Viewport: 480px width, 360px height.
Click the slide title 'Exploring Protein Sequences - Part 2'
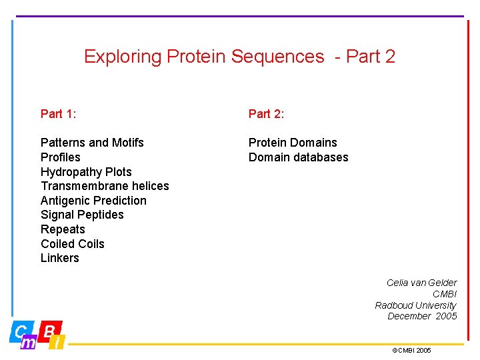pos(239,57)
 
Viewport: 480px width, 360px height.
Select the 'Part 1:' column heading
pos(59,114)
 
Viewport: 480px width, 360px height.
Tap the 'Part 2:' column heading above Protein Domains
pos(266,114)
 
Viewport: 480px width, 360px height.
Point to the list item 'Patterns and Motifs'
pos(92,143)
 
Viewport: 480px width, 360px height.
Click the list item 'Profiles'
pos(60,157)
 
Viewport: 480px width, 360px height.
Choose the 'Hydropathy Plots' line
pos(86,172)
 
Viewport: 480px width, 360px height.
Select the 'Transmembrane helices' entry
pos(105,186)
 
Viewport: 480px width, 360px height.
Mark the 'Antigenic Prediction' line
pos(93,201)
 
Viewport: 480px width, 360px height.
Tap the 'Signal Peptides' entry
pos(82,215)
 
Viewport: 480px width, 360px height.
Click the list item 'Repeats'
pos(63,229)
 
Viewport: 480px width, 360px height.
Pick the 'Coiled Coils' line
pos(73,244)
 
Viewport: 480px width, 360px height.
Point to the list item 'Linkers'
pos(60,258)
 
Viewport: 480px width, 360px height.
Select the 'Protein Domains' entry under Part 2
pos(293,143)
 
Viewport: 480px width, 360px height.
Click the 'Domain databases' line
pos(298,157)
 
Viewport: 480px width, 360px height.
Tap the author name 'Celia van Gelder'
pos(421,283)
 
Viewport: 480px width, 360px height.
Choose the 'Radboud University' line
pos(415,305)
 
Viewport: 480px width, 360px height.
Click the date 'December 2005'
pos(422,316)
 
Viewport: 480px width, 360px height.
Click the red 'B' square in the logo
pos(51,330)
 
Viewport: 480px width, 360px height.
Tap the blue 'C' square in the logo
pos(20,330)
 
